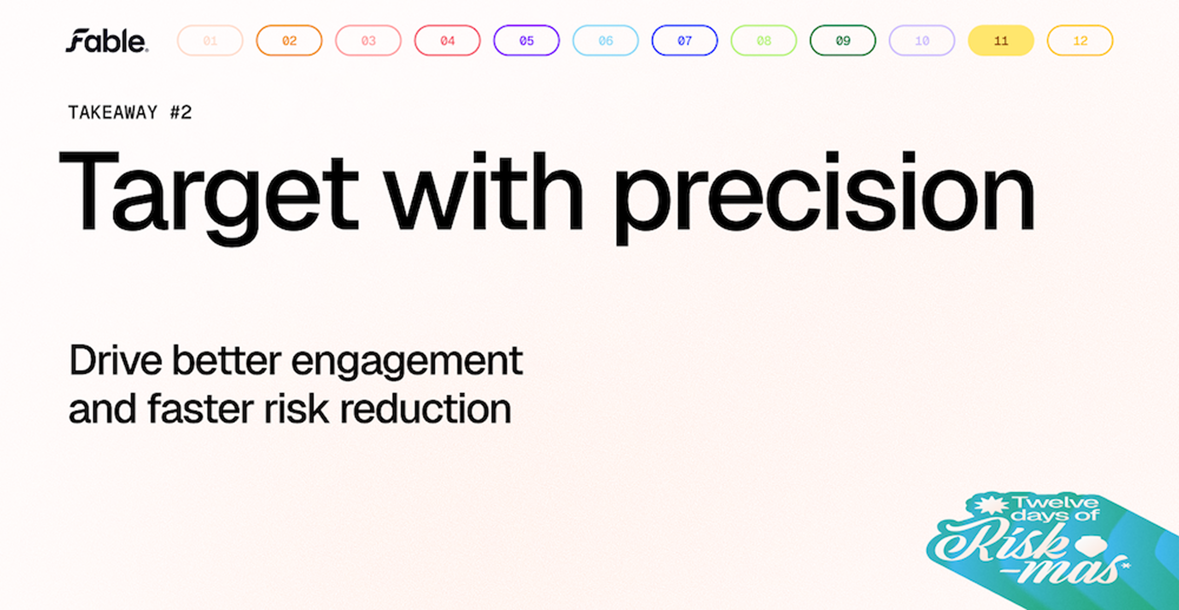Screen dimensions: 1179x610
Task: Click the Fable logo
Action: coord(107,41)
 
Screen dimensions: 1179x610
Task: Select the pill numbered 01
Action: coord(210,41)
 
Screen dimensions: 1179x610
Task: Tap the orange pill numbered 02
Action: coord(289,41)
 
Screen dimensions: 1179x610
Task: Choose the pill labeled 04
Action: coord(447,41)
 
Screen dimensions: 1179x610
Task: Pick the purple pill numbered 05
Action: coord(526,41)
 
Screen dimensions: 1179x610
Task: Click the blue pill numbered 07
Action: coord(684,41)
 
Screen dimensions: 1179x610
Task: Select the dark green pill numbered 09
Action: coord(843,41)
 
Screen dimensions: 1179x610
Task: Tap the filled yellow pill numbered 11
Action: coord(1001,41)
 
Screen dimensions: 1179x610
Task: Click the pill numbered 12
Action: coord(1080,41)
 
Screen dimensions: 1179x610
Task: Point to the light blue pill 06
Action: coord(606,41)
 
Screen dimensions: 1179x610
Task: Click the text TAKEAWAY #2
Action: coord(130,112)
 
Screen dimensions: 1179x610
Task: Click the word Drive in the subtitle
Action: coord(116,360)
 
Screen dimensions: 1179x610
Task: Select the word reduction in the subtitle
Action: coord(426,409)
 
